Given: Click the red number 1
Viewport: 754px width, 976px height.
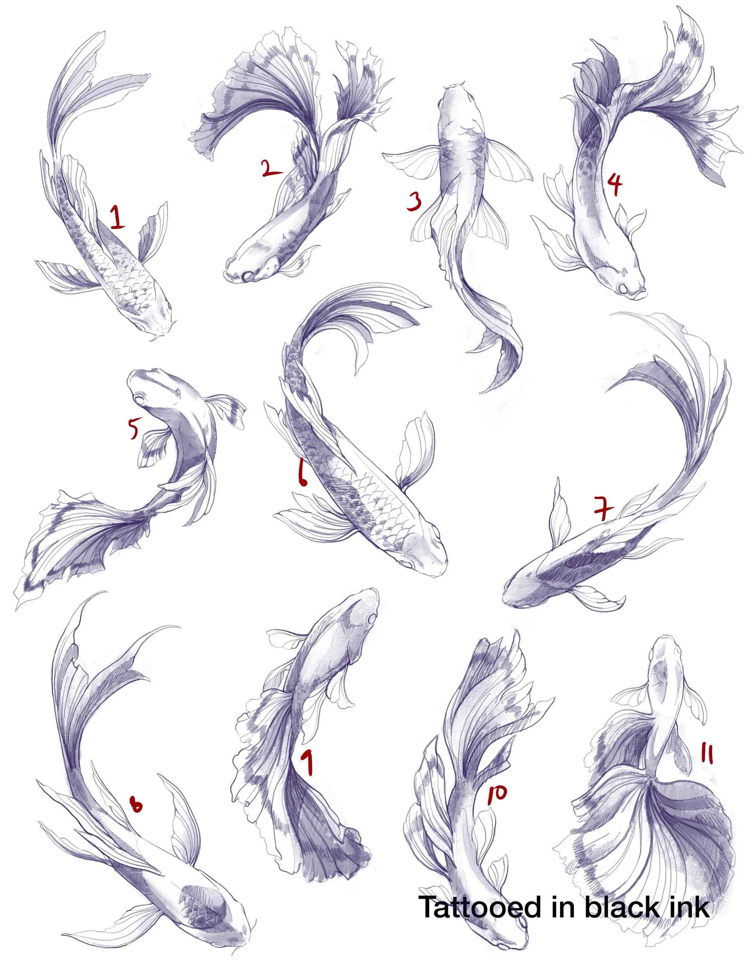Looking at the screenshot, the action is tap(117, 217).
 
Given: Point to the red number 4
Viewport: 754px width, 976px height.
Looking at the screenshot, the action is tap(615, 184).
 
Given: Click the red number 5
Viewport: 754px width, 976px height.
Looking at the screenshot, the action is tap(135, 427).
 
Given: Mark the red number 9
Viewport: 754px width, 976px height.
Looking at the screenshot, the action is tap(307, 762).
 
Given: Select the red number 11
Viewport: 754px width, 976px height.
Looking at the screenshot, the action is tap(707, 754).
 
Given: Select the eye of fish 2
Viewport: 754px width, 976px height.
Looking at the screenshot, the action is tap(247, 276).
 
